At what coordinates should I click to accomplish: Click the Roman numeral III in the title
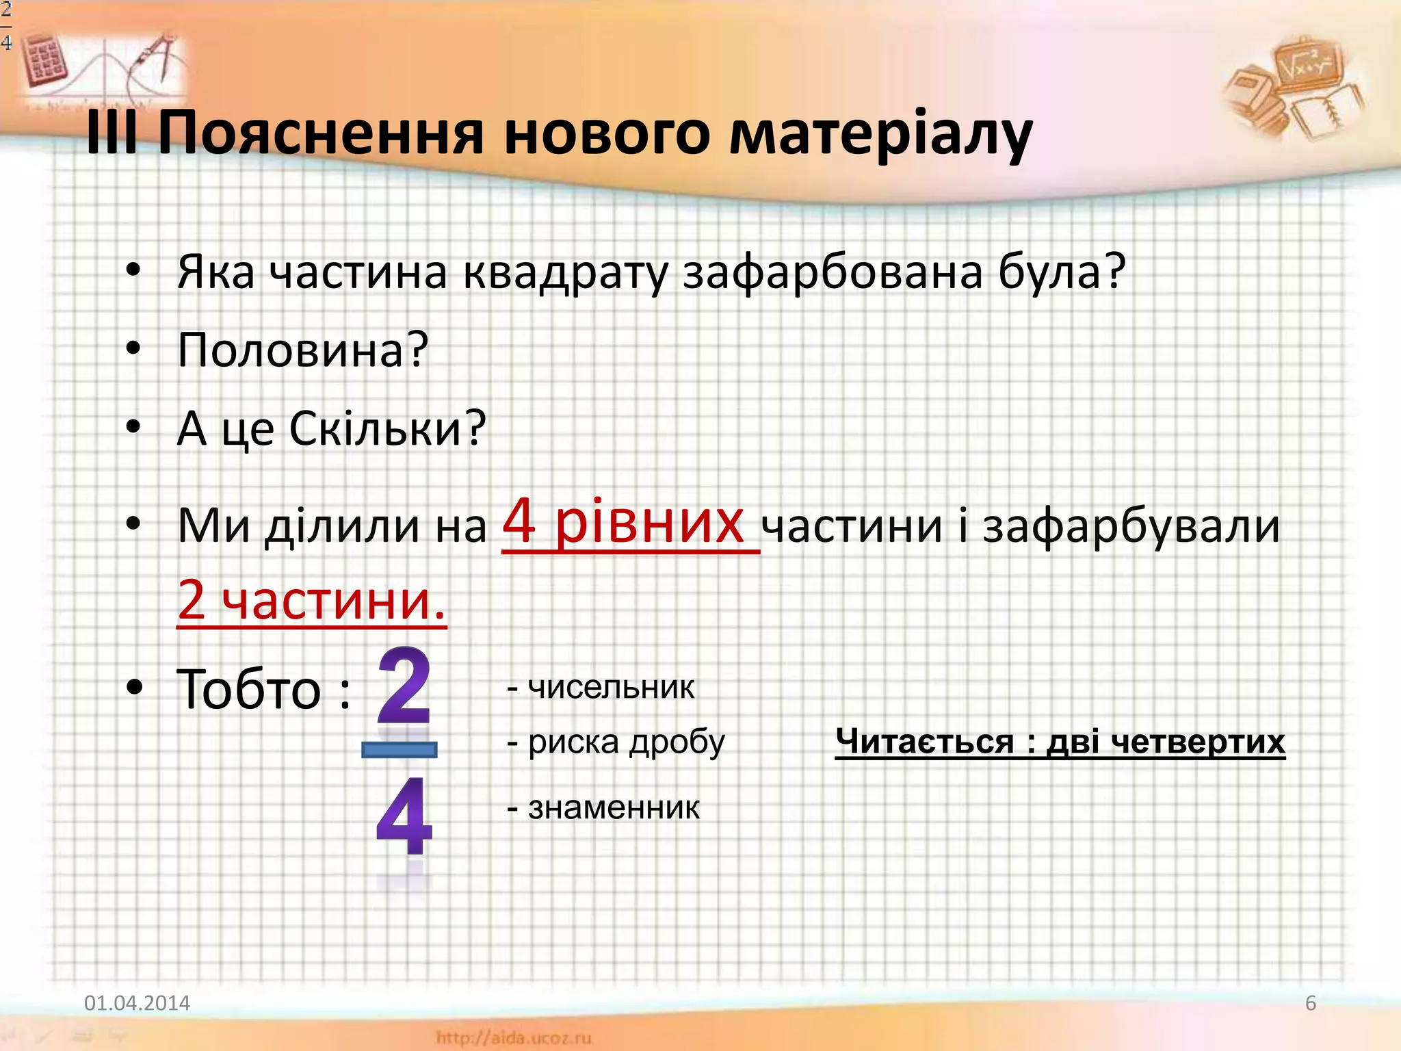click(112, 133)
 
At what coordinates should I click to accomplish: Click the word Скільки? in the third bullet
click(387, 428)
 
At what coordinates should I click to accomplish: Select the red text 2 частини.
click(311, 599)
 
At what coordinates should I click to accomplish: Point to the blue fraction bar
click(400, 750)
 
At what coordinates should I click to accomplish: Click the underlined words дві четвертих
click(1166, 741)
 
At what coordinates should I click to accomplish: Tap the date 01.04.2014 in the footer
click(137, 1003)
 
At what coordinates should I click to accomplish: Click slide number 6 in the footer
click(1310, 1003)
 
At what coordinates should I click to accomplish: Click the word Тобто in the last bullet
click(249, 690)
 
